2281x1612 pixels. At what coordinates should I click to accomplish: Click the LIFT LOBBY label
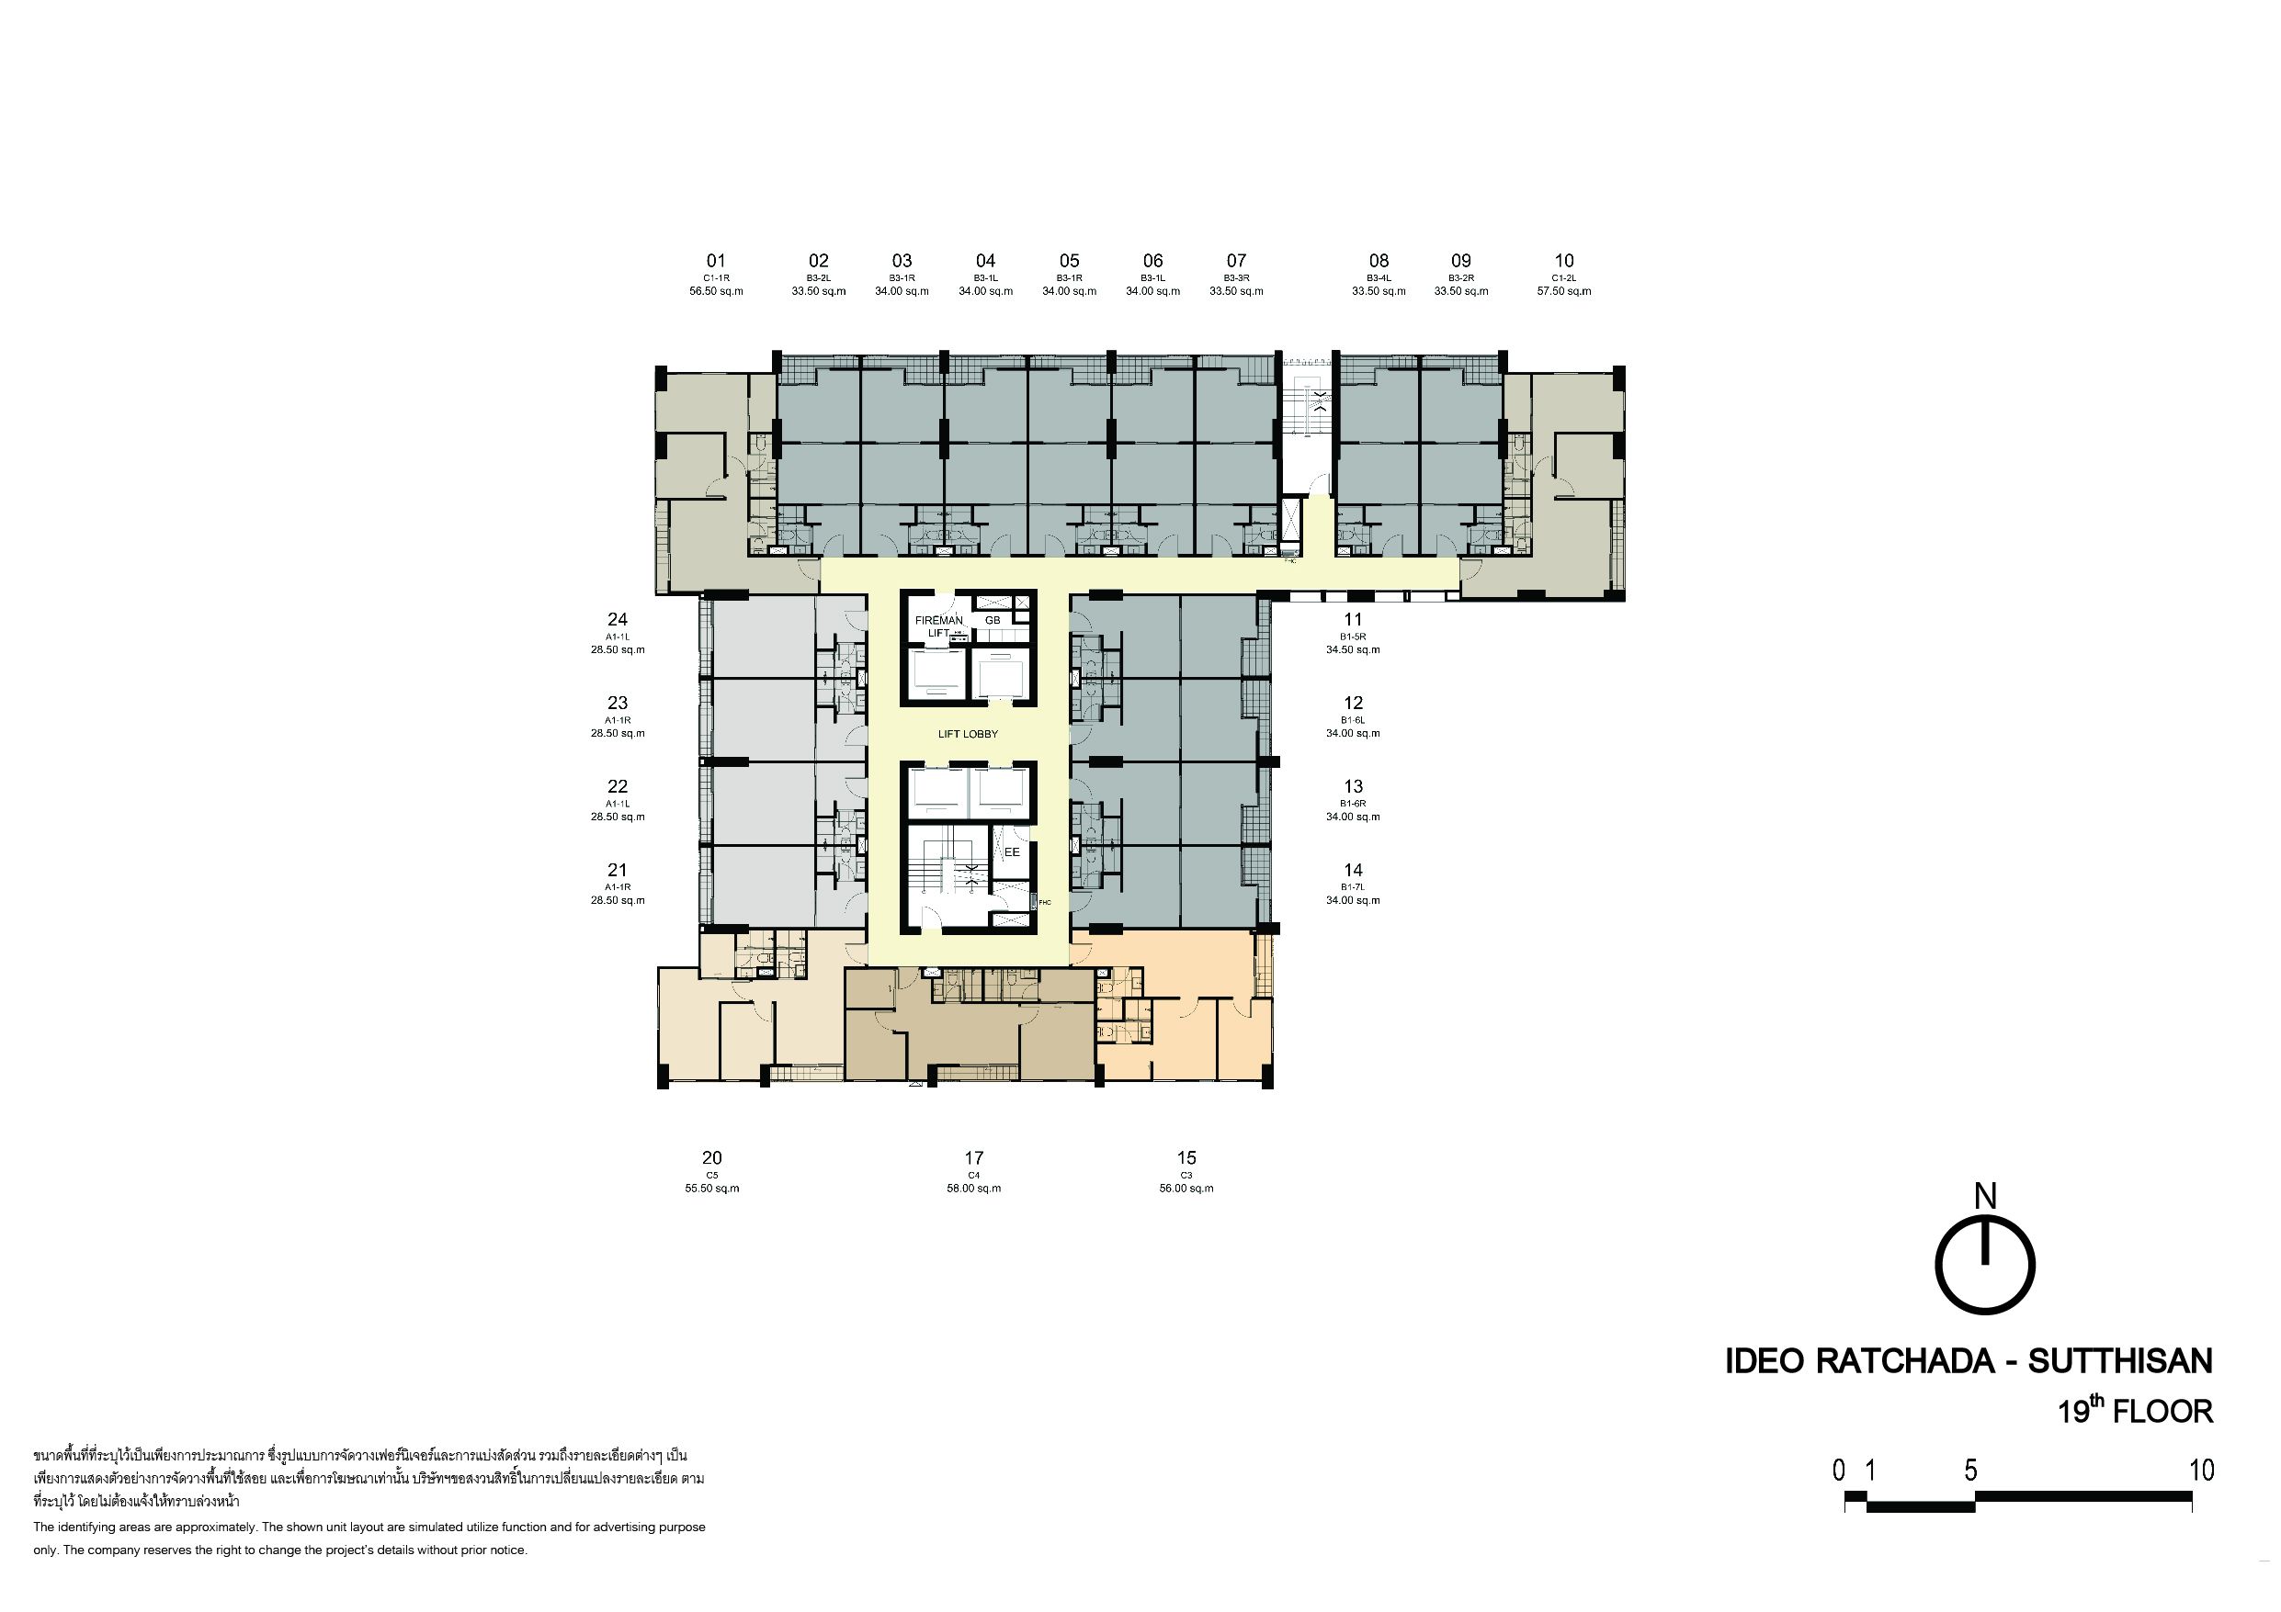coord(968,734)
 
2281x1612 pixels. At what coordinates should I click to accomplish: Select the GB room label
coord(993,620)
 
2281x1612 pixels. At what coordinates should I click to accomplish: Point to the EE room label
coord(1011,852)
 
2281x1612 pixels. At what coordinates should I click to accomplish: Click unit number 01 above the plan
coord(716,261)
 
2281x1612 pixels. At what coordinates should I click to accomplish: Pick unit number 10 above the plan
coord(1564,261)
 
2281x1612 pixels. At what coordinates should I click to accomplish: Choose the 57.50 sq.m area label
coord(1564,291)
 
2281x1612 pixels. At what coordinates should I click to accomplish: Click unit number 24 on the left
coord(617,620)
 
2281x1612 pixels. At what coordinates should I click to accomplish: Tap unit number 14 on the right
coord(1353,870)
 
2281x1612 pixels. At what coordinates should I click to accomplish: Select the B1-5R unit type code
coord(1353,637)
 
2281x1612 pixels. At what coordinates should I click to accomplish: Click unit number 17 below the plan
coord(973,1158)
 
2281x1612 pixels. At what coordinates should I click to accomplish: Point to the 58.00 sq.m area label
coord(973,1188)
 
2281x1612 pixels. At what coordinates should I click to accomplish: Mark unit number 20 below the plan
coord(712,1158)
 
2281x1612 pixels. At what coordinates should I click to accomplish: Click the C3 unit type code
coord(1186,1175)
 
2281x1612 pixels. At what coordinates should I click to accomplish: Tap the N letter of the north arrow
coord(1985,1198)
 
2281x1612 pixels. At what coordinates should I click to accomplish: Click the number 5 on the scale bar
coord(1971,1470)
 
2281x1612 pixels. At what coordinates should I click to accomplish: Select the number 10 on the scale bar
coord(2202,1470)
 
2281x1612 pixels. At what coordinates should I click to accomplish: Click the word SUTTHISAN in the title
coord(2120,1360)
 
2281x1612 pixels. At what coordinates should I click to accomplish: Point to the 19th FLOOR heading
coord(2136,1410)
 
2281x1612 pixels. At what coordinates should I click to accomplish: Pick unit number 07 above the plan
coord(1236,261)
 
